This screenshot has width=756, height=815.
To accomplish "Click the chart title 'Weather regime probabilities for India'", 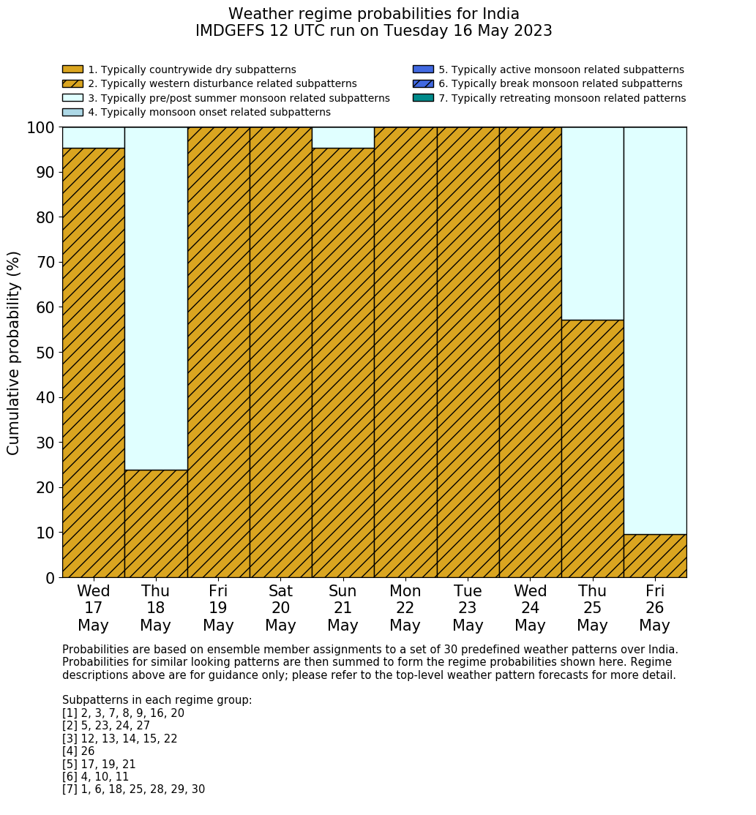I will [x=373, y=14].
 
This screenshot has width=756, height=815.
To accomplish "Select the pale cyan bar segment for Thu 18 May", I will [x=156, y=298].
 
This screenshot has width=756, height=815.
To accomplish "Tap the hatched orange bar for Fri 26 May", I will [x=655, y=556].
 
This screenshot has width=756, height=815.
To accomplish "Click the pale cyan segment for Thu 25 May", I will [x=593, y=223].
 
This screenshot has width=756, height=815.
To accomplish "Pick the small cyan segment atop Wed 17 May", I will [x=93, y=138].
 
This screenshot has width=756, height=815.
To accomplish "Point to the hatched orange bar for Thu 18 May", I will [x=156, y=523].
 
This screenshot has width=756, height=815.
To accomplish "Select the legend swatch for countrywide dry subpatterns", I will [x=72, y=70].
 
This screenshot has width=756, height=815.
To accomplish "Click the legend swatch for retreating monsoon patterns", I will [x=423, y=98].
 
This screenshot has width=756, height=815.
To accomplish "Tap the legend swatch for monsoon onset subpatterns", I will [x=72, y=112].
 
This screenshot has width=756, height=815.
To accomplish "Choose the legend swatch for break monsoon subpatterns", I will [x=423, y=84].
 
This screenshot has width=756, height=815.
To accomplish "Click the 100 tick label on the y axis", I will [x=40, y=128].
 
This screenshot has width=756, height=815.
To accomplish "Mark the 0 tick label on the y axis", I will [x=50, y=578].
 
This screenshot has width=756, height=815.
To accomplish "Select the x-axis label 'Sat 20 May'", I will [x=280, y=608].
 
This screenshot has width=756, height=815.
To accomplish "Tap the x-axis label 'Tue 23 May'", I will [x=468, y=608].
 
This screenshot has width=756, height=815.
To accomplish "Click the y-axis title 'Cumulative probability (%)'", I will [x=14, y=353].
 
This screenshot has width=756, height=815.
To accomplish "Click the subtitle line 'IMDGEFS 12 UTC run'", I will [x=373, y=31].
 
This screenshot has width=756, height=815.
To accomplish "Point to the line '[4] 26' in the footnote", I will [x=78, y=751].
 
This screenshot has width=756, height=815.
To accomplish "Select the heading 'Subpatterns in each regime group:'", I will [x=157, y=700].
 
